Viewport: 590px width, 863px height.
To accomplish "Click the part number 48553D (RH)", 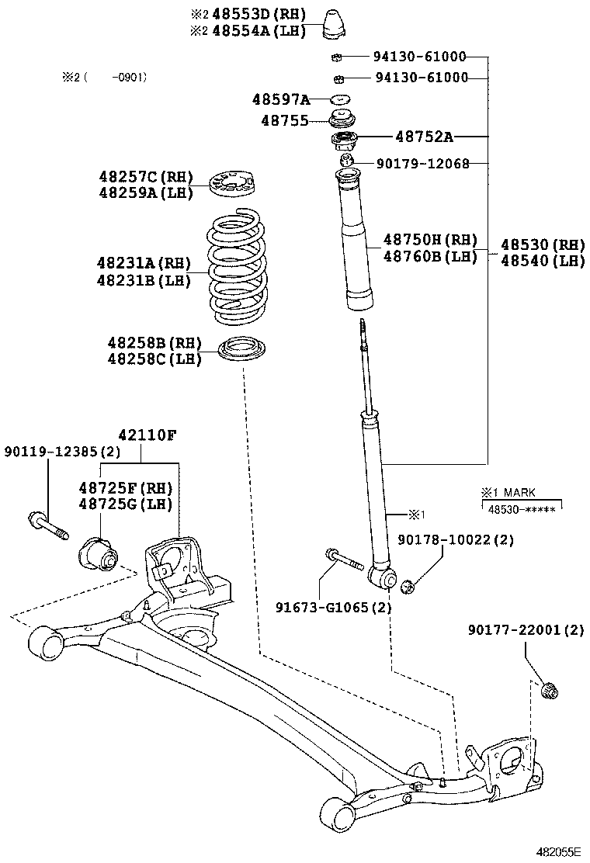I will pyautogui.click(x=247, y=15).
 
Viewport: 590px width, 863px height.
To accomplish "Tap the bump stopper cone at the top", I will pyautogui.click(x=338, y=24).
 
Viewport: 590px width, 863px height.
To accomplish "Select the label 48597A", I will pyautogui.click(x=280, y=99).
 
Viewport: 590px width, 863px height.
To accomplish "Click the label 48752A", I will pyautogui.click(x=423, y=137).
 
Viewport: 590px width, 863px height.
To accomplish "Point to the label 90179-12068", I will pyautogui.click(x=422, y=164).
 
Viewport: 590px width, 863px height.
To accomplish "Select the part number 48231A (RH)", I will pyautogui.click(x=144, y=264).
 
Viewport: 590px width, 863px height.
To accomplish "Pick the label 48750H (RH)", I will pyautogui.click(x=430, y=240).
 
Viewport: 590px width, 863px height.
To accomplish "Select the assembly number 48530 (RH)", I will pyautogui.click(x=542, y=245).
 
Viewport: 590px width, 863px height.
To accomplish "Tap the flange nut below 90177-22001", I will pyautogui.click(x=549, y=689).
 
